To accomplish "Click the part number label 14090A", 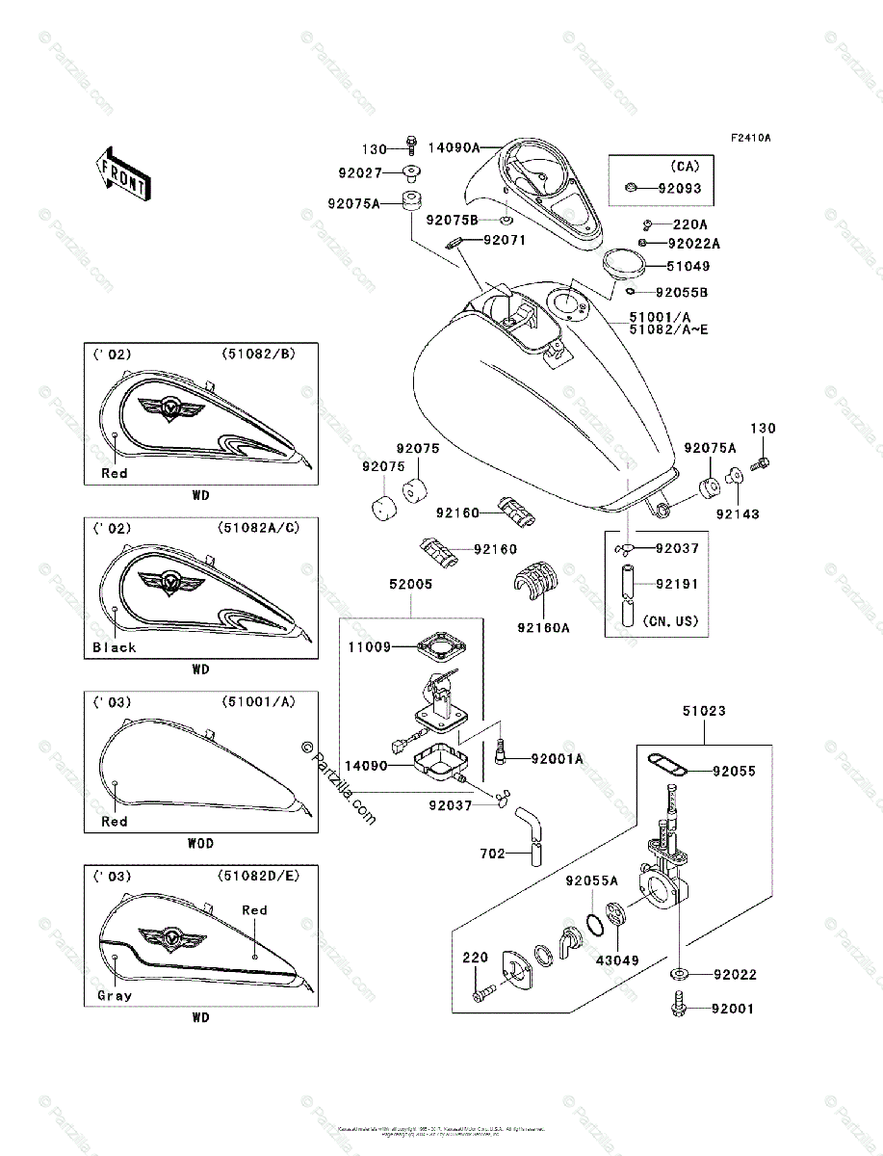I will [454, 148].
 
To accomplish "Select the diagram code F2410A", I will [750, 138].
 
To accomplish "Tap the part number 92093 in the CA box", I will [680, 189].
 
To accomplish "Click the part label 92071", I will [505, 240].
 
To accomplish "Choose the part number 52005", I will [411, 584].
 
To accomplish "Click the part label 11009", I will [371, 647].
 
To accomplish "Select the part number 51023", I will [706, 711].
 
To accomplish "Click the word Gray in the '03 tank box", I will [114, 995].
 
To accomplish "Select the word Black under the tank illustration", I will [115, 647].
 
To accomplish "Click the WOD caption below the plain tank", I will [200, 843].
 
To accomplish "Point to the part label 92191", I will [677, 584].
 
